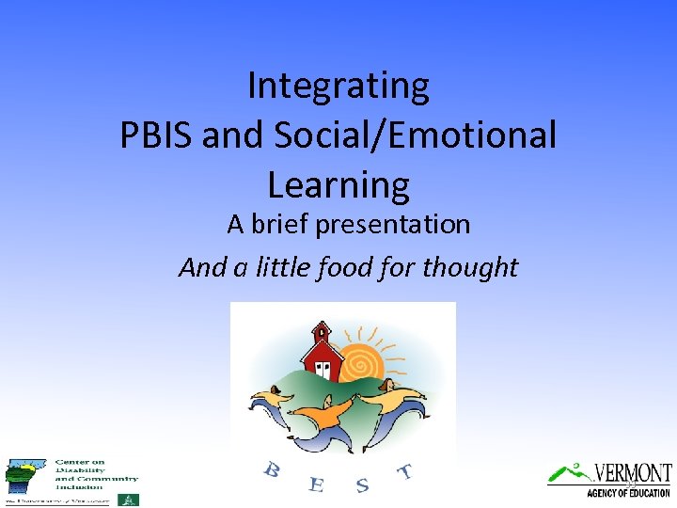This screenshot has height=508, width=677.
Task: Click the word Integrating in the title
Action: coord(338,87)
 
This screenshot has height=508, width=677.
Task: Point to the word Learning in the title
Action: coord(338,184)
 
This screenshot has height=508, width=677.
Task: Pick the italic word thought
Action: coord(470,267)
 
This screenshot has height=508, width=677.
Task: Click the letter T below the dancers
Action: coord(404,471)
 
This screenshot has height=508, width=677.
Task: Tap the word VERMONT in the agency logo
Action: coord(632,472)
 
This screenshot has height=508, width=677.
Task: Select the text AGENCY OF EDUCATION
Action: coord(628,493)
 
